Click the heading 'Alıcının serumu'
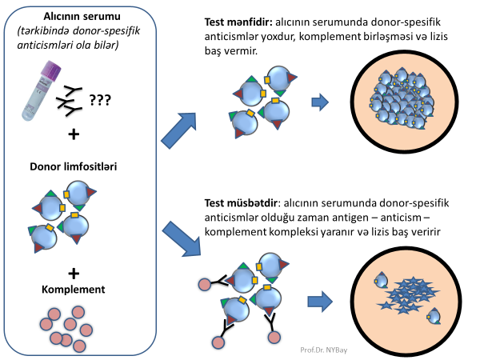click(73, 17)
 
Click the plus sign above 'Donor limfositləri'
click(74, 134)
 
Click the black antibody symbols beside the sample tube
click(70, 98)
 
